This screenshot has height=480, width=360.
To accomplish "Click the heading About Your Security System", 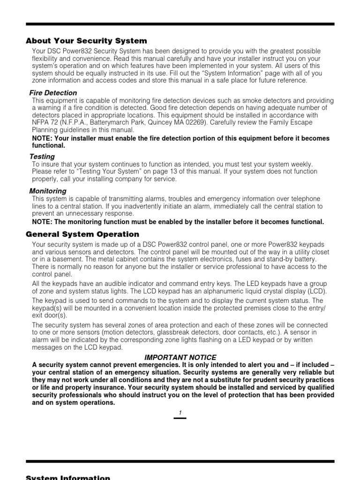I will pyautogui.click(x=86, y=41).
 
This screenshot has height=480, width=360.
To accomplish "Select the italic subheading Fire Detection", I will pyautogui.click(x=53, y=93).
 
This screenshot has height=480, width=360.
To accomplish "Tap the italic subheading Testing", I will pyautogui.click(x=42, y=157).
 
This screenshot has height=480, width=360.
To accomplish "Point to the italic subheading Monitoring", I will pyautogui.click(x=48, y=191).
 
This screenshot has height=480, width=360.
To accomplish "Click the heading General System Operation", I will pyautogui.click(x=82, y=234).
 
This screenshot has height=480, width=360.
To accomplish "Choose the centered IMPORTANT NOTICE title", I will pyautogui.click(x=180, y=358).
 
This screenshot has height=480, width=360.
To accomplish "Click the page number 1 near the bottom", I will pyautogui.click(x=180, y=412).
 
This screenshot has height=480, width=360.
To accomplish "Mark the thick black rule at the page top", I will pyautogui.click(x=180, y=23).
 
